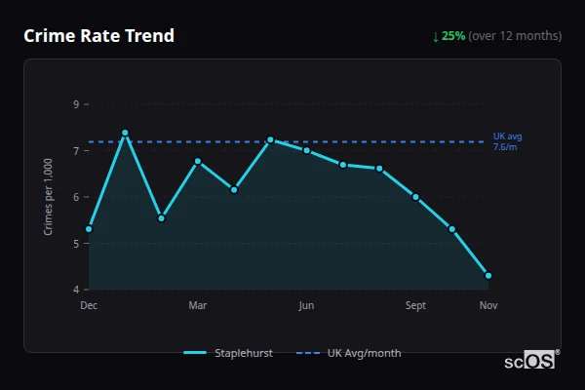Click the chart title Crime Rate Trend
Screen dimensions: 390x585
pyautogui.click(x=98, y=36)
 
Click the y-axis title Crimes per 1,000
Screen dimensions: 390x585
pyautogui.click(x=48, y=196)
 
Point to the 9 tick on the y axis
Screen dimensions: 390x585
pyautogui.click(x=76, y=104)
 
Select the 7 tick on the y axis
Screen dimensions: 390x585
pyautogui.click(x=76, y=151)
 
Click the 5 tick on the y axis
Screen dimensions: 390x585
pyautogui.click(x=76, y=244)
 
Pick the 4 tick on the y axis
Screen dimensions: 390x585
pyautogui.click(x=76, y=290)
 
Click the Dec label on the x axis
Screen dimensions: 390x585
pyautogui.click(x=89, y=306)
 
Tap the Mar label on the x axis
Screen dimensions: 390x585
pyautogui.click(x=198, y=306)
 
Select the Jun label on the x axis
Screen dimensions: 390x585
pyautogui.click(x=306, y=306)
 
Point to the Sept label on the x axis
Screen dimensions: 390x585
pyautogui.click(x=415, y=306)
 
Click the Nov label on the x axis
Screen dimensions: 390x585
pyautogui.click(x=488, y=306)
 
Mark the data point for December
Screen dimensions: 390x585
pyautogui.click(x=89, y=229)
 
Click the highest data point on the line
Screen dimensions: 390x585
pyautogui.click(x=125, y=133)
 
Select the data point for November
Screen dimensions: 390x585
pyautogui.click(x=488, y=276)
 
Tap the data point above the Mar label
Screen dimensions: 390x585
pyautogui.click(x=198, y=161)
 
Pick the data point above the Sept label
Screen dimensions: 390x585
pyautogui.click(x=415, y=197)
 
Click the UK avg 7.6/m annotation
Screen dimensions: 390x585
pyautogui.click(x=507, y=141)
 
